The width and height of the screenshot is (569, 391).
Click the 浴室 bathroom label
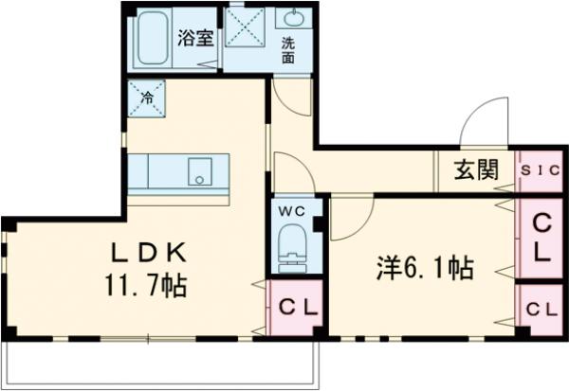tap(196, 39)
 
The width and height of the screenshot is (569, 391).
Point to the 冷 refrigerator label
tap(148, 97)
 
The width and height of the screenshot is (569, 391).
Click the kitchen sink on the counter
tap(201, 172)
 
